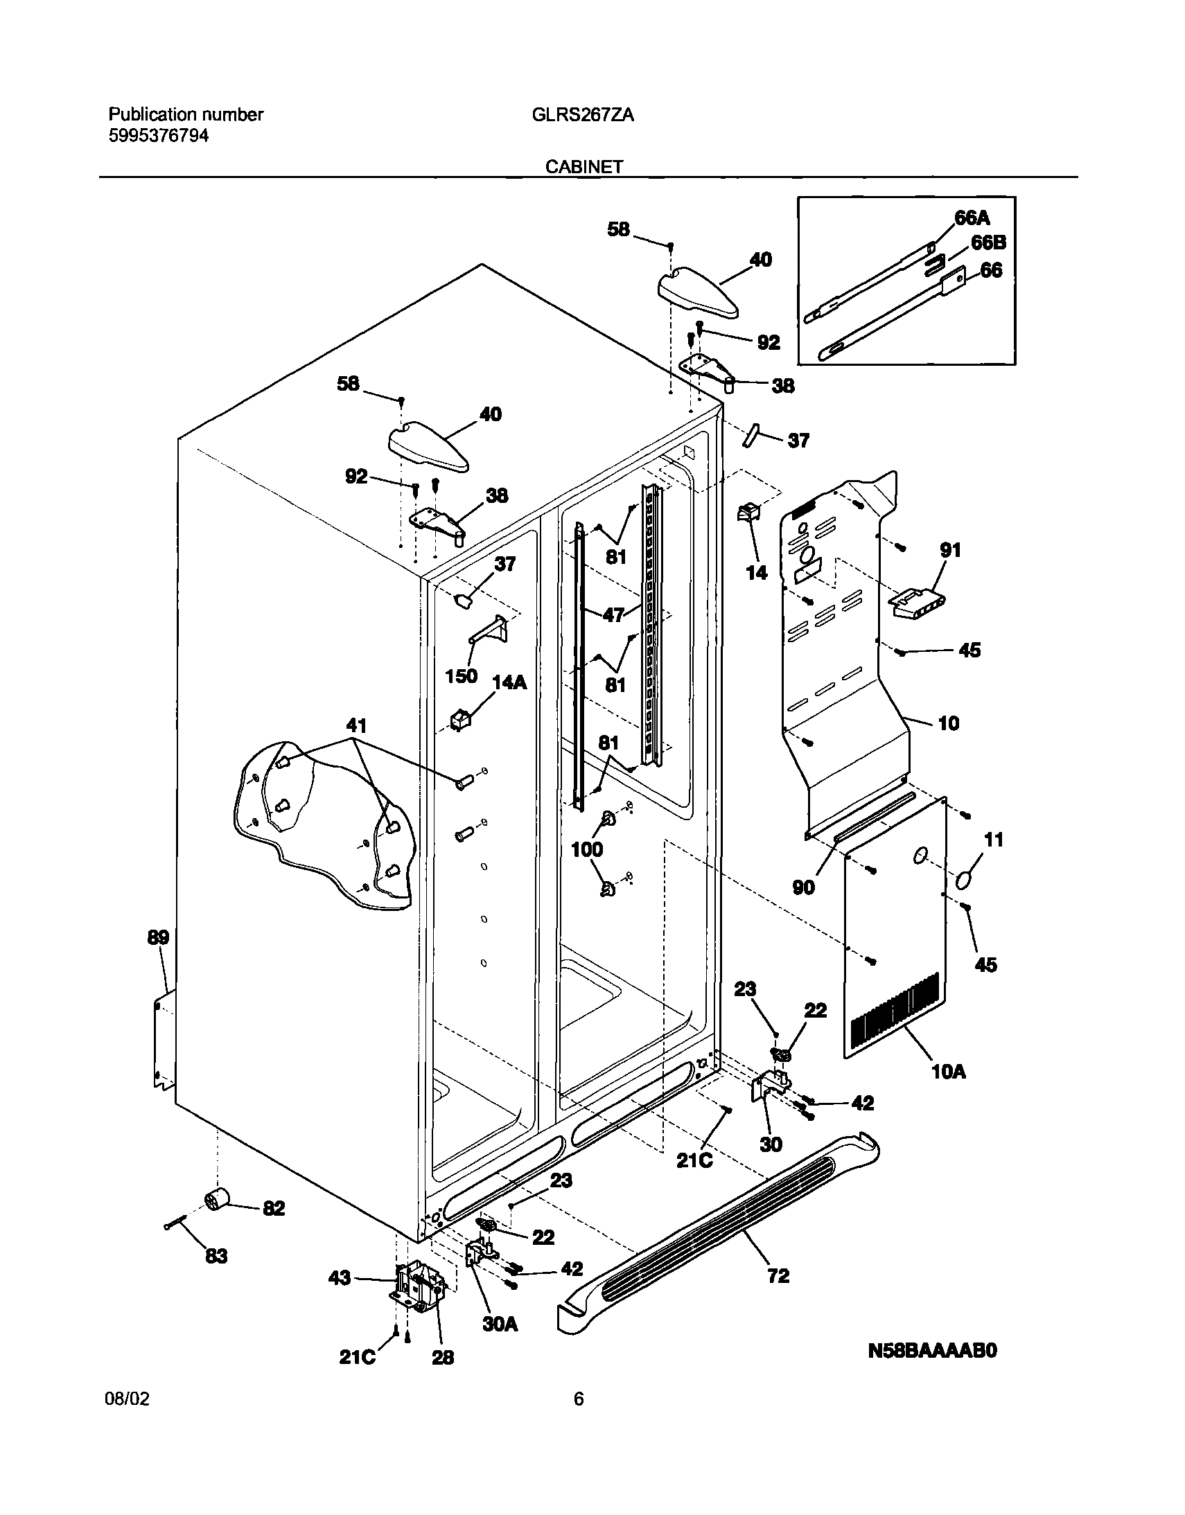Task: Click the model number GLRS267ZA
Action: [x=582, y=115]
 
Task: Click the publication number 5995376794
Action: [x=158, y=136]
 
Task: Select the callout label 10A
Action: [x=949, y=1072]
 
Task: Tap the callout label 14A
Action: [x=509, y=682]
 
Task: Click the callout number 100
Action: [x=587, y=849]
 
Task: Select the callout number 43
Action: [x=340, y=1278]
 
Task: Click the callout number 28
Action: [x=443, y=1358]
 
